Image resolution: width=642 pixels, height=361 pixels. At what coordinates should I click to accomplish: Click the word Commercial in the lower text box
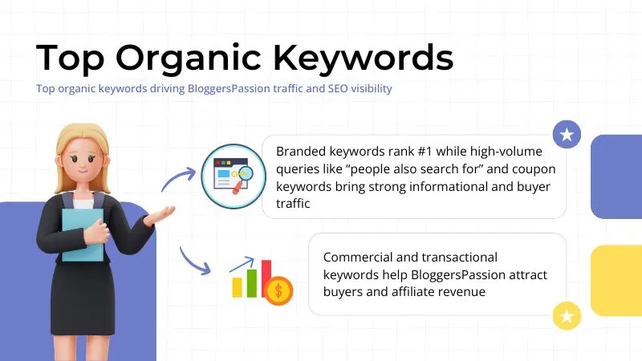359,257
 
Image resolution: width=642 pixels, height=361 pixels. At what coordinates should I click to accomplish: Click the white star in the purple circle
567,135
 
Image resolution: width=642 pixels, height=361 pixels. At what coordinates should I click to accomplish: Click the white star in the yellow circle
567,316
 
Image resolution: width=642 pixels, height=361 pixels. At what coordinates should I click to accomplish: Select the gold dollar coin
278,290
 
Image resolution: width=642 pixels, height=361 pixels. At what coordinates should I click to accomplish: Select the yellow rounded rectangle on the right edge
616,280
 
